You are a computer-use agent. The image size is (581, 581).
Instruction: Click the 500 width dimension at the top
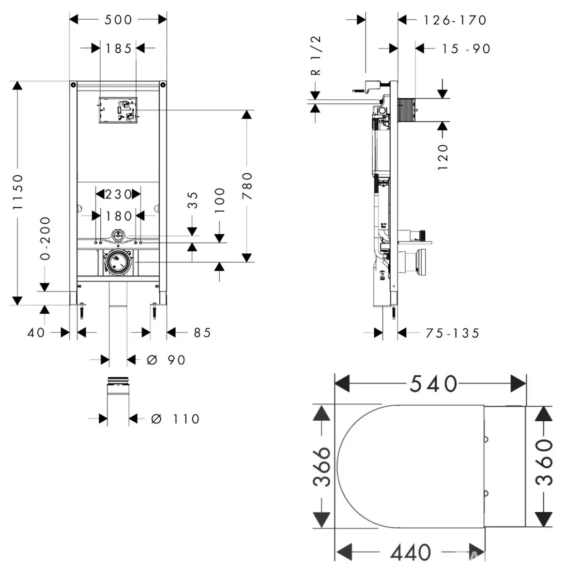tap(118, 20)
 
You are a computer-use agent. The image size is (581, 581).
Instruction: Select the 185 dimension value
tap(118, 48)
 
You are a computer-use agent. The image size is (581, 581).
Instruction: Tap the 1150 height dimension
tap(18, 192)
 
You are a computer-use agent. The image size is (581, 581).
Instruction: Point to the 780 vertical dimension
tap(247, 186)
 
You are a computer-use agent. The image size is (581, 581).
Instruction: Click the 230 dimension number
tap(118, 195)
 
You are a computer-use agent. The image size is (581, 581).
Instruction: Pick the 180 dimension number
tap(119, 216)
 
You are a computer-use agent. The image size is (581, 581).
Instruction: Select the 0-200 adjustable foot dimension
tap(45, 239)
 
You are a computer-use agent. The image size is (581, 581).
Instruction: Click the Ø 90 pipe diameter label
tap(166, 360)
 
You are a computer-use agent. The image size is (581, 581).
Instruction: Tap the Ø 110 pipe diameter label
tap(175, 419)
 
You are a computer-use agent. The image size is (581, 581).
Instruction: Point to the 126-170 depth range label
tap(455, 20)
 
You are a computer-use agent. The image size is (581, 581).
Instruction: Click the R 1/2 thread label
tap(316, 56)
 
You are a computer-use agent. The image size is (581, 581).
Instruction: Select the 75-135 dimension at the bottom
tap(452, 334)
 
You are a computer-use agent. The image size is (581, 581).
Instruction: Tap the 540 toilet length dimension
tap(433, 384)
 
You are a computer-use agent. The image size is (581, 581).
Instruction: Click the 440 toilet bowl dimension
tap(411, 552)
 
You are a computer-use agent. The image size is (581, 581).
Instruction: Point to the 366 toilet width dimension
tap(321, 467)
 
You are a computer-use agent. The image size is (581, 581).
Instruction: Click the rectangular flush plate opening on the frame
tap(118, 110)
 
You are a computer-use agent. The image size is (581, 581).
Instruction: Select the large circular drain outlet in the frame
tap(118, 262)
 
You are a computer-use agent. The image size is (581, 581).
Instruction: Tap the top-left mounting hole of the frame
tap(73, 85)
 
